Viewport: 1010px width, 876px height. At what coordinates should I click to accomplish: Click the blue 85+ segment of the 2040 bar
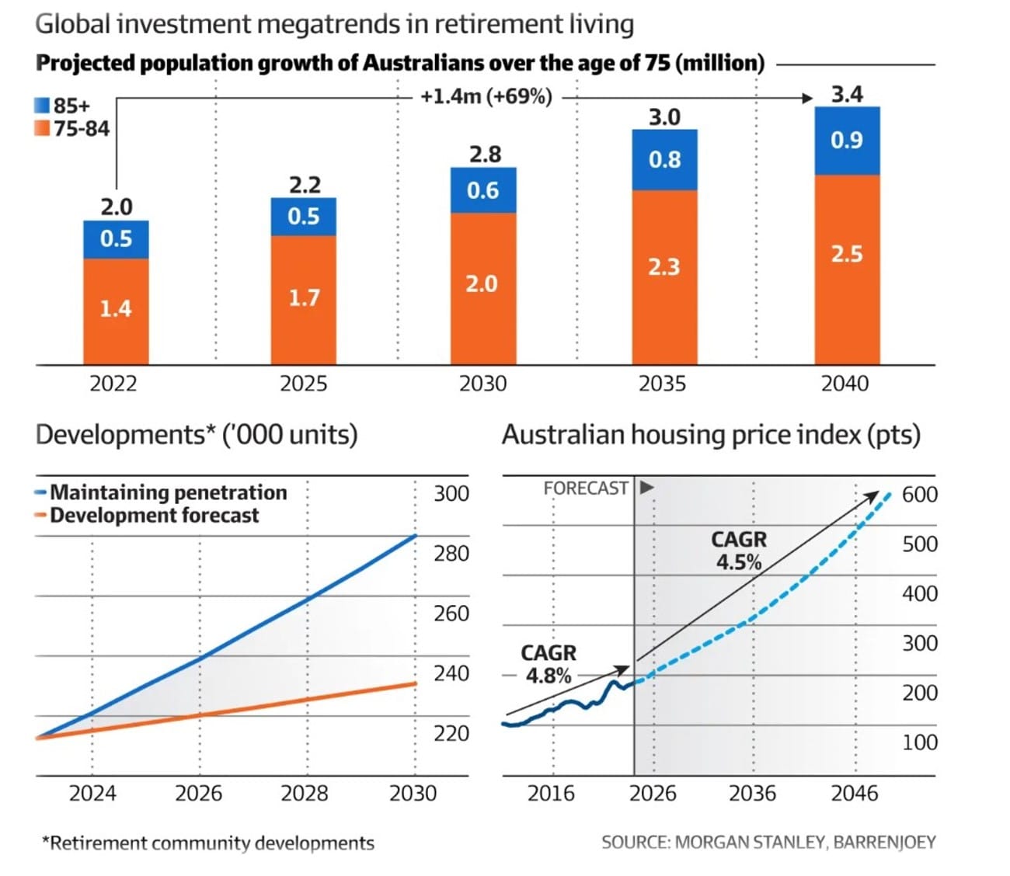[x=847, y=141]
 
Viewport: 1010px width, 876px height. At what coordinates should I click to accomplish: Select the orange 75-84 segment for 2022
[x=116, y=311]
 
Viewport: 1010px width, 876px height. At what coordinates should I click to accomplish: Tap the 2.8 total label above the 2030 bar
[x=485, y=155]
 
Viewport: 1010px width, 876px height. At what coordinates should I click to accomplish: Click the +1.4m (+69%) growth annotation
[x=486, y=96]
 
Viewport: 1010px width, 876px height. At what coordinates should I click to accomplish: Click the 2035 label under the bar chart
[x=662, y=384]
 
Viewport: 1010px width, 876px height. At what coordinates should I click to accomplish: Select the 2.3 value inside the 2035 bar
[x=663, y=267]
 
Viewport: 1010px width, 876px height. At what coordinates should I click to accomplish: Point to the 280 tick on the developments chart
[x=451, y=554]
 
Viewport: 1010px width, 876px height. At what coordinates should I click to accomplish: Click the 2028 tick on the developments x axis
[x=305, y=794]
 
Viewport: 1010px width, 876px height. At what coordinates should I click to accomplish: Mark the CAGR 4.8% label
[x=549, y=665]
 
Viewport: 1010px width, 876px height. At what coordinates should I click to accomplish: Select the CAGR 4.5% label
[x=739, y=551]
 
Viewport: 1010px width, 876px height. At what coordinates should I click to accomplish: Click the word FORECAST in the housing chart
[x=586, y=488]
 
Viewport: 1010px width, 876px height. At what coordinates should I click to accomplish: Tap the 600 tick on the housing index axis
[x=920, y=495]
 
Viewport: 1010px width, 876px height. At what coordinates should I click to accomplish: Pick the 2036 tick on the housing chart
[x=752, y=794]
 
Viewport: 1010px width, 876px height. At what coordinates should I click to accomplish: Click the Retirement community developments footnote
[x=208, y=843]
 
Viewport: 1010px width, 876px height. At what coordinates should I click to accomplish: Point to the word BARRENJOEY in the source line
[x=884, y=843]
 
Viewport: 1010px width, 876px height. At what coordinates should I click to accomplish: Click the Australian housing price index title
[x=711, y=435]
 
